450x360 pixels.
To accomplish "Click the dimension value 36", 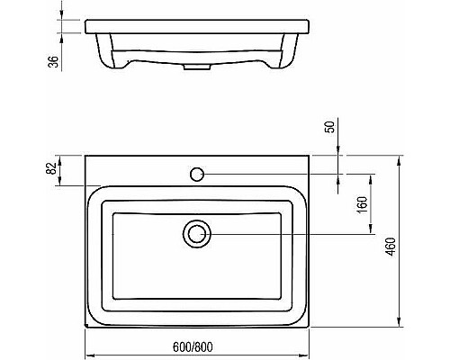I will [53, 61].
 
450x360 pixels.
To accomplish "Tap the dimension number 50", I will [332, 126].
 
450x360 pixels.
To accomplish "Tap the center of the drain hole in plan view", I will [196, 234].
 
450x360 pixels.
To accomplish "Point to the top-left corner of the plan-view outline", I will [85, 155].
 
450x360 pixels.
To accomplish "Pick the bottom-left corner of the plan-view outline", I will [85, 326].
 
